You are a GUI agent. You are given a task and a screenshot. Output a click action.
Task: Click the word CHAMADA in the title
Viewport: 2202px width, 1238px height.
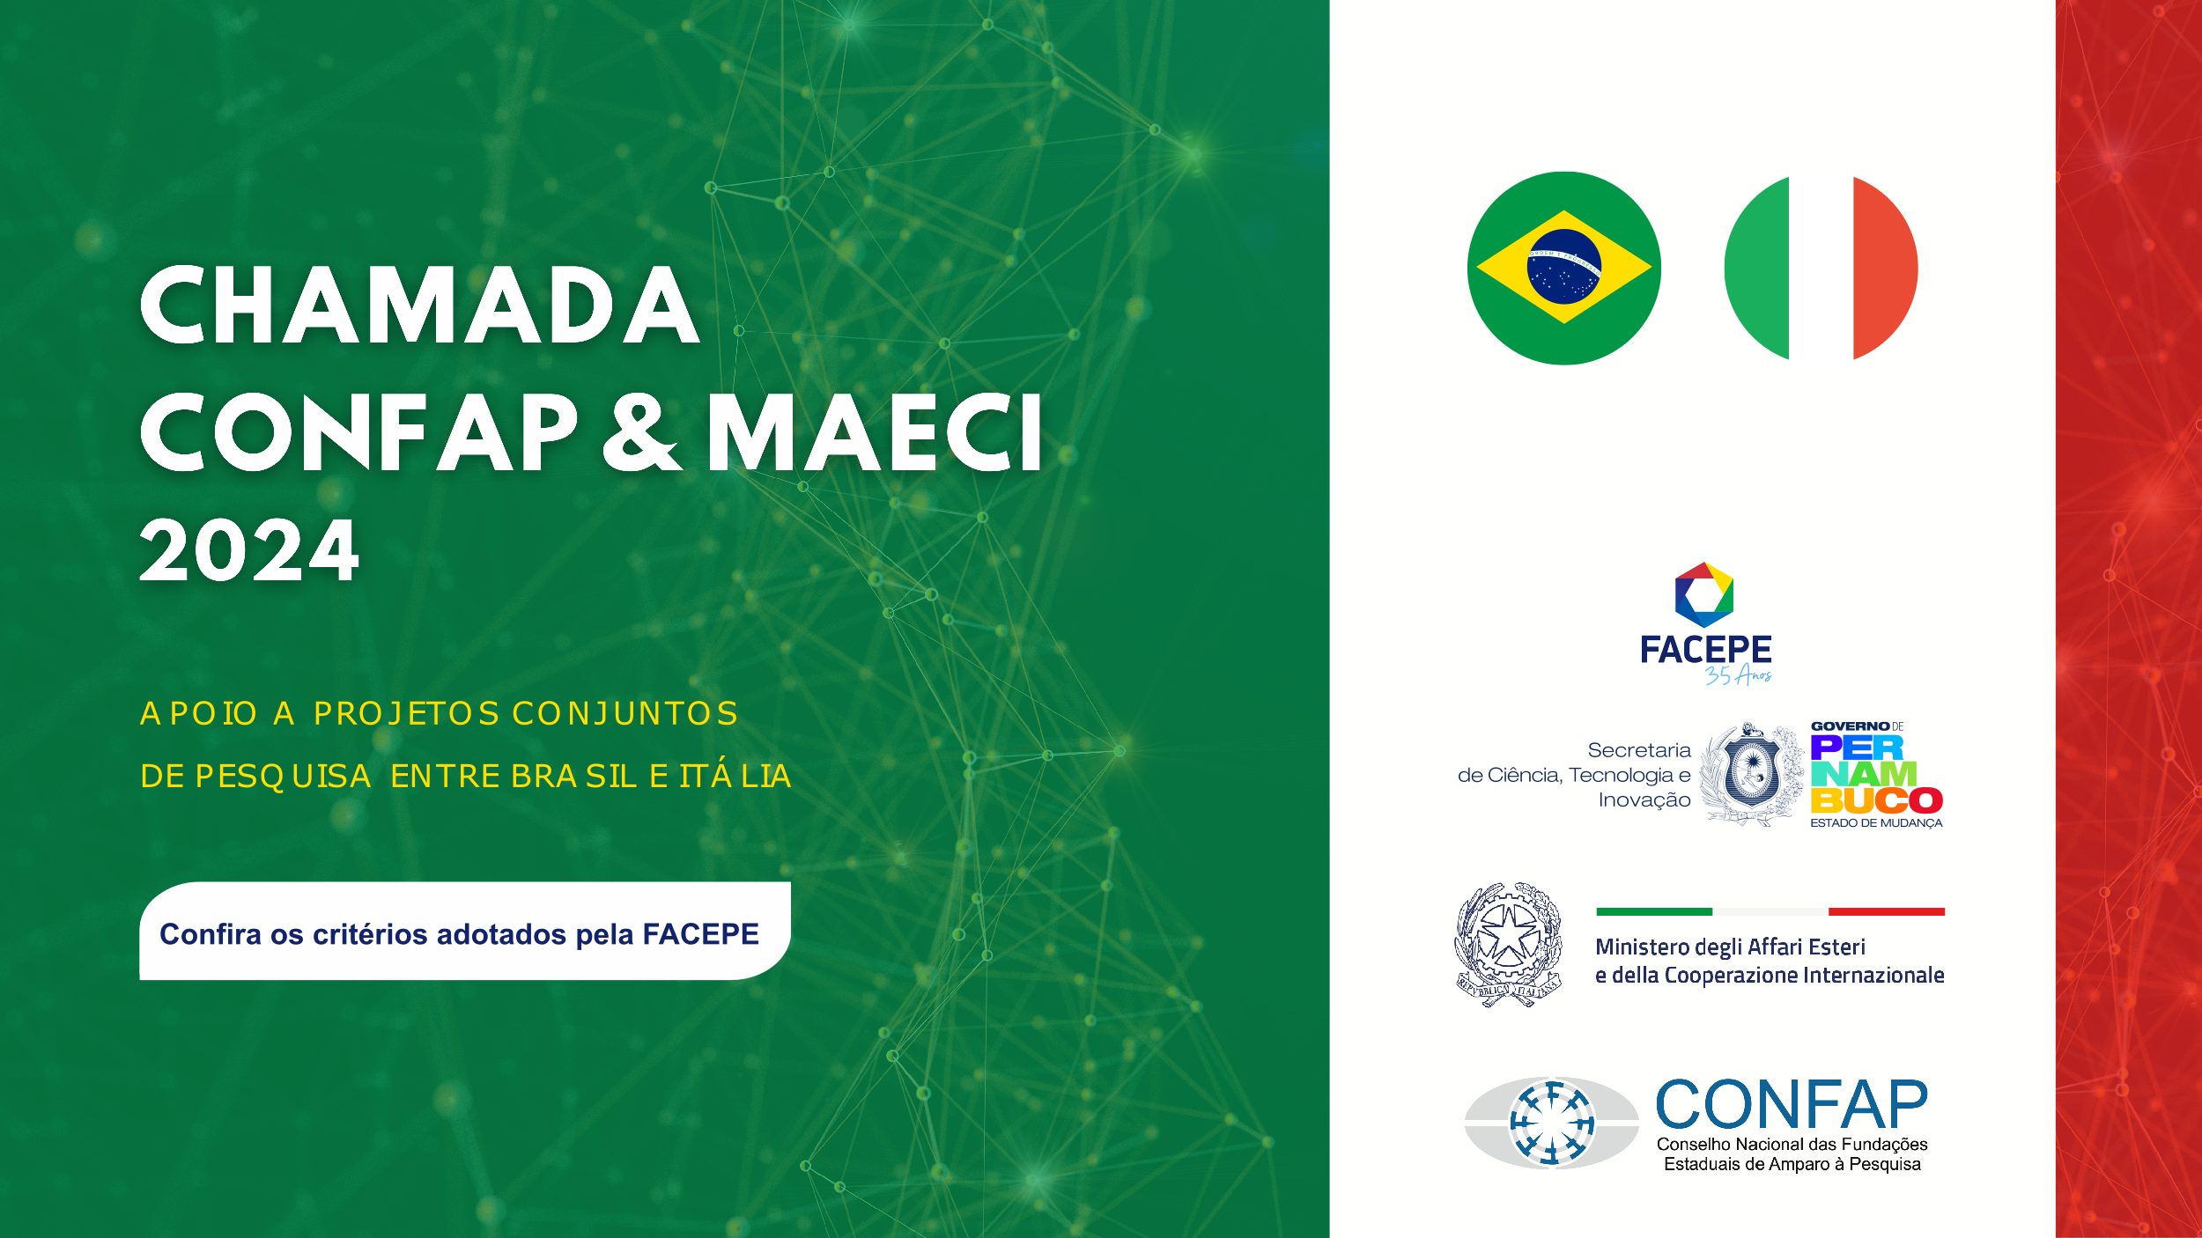click(x=420, y=305)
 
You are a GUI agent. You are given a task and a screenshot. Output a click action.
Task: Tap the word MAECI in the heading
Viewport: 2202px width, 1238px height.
click(x=875, y=433)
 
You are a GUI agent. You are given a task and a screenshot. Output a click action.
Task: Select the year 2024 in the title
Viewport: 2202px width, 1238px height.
click(x=249, y=550)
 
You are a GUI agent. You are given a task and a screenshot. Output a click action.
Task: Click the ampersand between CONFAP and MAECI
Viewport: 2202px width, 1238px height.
click(x=641, y=433)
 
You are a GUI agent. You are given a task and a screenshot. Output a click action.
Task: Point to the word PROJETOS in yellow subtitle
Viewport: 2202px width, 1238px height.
click(x=406, y=713)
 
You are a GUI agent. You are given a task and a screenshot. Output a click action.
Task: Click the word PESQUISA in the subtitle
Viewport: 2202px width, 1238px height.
click(x=283, y=777)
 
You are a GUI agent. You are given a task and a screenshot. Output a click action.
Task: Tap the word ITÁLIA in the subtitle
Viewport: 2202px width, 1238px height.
click(x=735, y=776)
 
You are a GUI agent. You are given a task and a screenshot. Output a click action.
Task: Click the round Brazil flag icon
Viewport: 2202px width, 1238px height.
click(x=1564, y=268)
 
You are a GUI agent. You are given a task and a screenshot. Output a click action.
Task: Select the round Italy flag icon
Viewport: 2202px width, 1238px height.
click(x=1821, y=268)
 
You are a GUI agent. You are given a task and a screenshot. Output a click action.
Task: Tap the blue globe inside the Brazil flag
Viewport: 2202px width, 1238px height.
click(x=1564, y=267)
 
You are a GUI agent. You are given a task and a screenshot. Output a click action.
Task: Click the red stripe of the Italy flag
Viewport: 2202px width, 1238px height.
click(x=1885, y=268)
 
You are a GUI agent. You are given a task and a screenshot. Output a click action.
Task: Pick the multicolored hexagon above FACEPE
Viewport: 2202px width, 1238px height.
click(x=1704, y=594)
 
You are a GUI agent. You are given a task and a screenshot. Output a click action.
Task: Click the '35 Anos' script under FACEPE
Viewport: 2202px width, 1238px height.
click(x=1737, y=675)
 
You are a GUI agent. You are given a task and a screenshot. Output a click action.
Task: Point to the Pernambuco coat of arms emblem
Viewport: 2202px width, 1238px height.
click(x=1751, y=773)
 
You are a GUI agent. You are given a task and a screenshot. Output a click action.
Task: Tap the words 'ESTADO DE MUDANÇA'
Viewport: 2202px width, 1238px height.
click(x=1876, y=823)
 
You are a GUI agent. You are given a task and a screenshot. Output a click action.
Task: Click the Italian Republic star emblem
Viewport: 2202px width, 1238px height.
click(x=1508, y=944)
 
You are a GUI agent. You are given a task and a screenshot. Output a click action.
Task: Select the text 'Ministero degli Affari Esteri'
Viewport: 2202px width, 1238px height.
click(x=1730, y=947)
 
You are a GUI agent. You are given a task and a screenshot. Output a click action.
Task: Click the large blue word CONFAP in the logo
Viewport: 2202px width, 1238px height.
click(x=1792, y=1104)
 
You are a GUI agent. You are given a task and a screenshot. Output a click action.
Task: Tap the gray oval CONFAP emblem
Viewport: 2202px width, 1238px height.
click(x=1551, y=1123)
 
